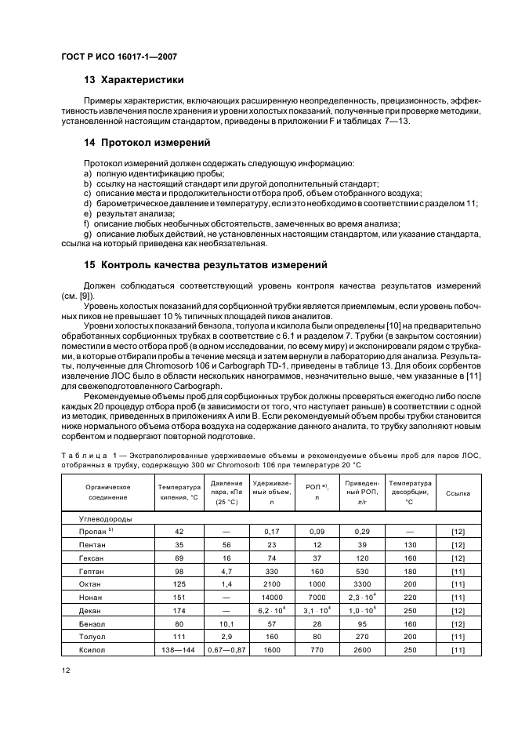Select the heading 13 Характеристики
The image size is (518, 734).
point(133,80)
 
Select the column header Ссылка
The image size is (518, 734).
point(458,493)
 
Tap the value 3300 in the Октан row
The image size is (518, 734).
point(362,584)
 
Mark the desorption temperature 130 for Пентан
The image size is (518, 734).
point(410,544)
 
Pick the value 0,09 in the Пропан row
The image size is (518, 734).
point(317,531)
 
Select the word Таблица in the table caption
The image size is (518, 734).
point(83,456)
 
